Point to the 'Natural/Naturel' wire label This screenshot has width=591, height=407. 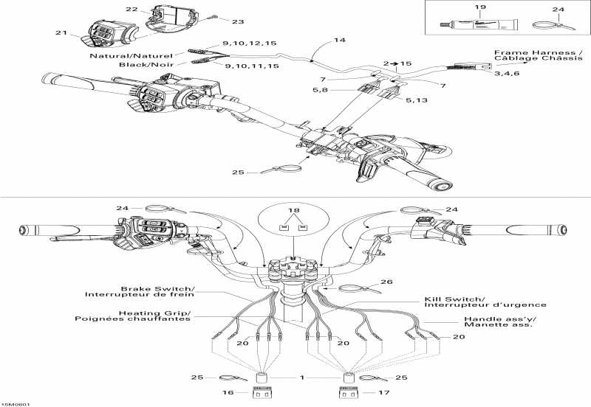[131, 55]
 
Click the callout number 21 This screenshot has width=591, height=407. [61, 33]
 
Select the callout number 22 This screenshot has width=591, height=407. [131, 10]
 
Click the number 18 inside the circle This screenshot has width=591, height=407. [295, 211]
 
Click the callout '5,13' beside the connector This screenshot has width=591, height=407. [415, 99]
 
